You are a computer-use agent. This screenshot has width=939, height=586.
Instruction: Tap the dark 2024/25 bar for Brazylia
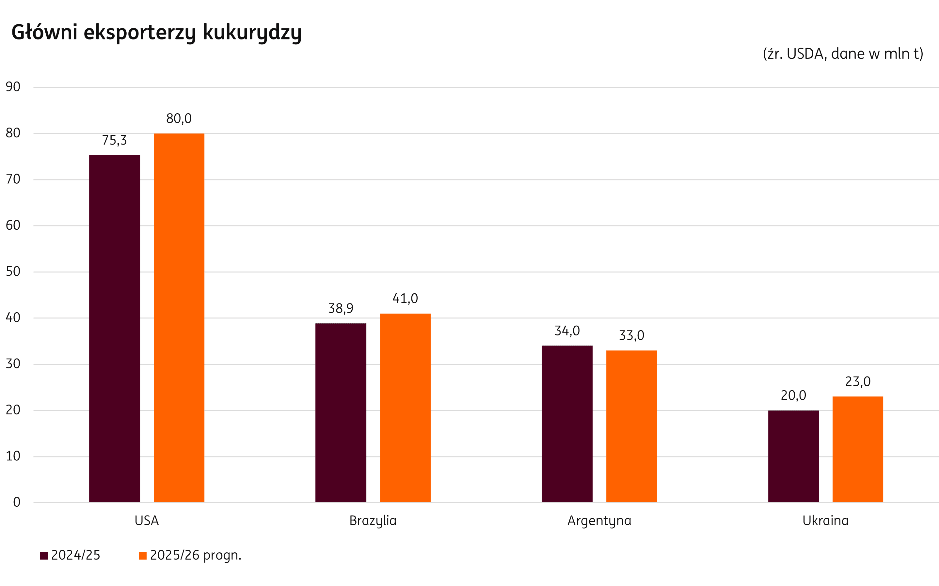(x=341, y=413)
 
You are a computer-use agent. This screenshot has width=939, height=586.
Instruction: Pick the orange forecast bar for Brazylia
(x=405, y=408)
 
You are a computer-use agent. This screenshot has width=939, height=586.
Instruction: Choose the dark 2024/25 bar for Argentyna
(x=567, y=424)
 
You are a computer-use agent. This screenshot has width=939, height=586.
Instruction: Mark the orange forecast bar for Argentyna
(x=631, y=426)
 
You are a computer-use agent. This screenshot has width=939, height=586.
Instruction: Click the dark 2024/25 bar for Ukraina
(x=793, y=456)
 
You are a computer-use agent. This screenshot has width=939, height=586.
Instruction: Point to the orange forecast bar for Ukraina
(x=858, y=449)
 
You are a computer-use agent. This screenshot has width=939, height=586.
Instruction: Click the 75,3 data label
(x=114, y=140)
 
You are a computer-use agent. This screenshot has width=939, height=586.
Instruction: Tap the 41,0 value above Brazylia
(x=405, y=299)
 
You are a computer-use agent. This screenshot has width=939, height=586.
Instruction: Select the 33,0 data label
(x=631, y=335)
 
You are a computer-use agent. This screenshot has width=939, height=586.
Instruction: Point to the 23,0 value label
(x=858, y=382)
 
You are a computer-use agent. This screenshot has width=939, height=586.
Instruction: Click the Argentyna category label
(x=599, y=520)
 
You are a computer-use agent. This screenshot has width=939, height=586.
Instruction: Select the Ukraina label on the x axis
(x=825, y=520)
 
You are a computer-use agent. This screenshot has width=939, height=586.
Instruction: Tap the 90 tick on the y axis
(x=13, y=87)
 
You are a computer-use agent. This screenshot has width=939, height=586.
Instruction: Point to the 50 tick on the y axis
(x=13, y=271)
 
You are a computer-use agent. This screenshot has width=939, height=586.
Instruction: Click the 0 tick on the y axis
(x=17, y=502)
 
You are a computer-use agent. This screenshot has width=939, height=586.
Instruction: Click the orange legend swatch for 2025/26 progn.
(x=143, y=555)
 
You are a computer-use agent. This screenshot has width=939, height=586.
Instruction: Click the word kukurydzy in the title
(x=252, y=33)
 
